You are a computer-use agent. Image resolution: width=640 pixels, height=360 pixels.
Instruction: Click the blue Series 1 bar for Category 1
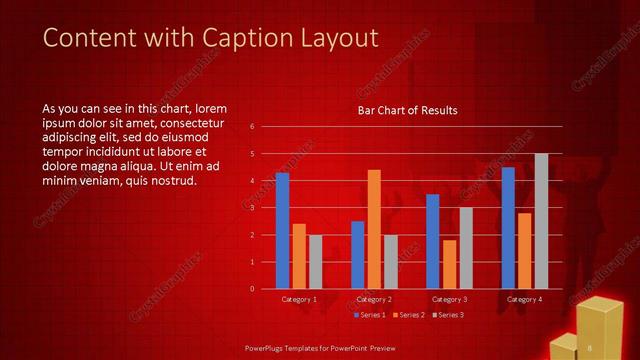point(282,231)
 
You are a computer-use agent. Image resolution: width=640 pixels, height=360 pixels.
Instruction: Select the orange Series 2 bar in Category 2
point(374,229)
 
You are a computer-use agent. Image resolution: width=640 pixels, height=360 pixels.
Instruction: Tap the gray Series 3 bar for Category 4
point(541,221)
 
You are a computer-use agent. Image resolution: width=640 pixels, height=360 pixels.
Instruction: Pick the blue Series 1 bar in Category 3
point(432,241)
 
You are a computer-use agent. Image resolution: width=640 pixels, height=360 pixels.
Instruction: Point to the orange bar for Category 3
point(449,264)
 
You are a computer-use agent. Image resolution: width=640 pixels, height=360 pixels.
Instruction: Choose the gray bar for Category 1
point(315,262)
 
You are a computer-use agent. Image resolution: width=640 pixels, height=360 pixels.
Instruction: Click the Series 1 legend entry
point(368,314)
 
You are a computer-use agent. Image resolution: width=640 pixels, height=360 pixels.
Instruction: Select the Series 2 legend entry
point(408,314)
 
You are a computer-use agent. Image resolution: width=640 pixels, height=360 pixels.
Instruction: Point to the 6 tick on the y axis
point(252,127)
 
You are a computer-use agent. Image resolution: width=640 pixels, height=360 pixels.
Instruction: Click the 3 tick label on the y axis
point(252,208)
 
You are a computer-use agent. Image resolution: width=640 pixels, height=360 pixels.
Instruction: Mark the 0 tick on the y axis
point(252,289)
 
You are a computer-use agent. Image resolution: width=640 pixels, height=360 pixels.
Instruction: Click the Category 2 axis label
point(374,299)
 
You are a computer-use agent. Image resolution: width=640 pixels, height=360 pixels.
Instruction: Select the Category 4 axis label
point(524,299)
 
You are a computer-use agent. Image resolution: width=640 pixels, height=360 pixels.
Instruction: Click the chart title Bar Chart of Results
point(408,110)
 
